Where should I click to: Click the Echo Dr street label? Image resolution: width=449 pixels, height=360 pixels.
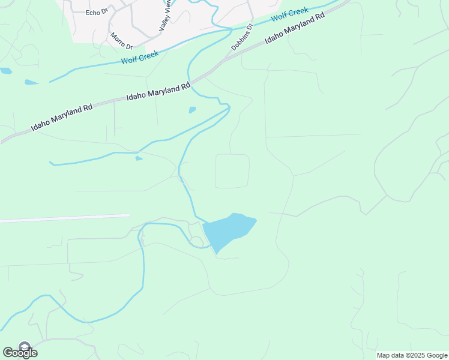96,12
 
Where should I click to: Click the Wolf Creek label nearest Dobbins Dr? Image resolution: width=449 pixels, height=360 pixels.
289,14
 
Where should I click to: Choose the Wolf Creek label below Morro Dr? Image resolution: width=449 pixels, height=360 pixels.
140,58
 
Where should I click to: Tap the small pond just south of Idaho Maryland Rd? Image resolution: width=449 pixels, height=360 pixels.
192,110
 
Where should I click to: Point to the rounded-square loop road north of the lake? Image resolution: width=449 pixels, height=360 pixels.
232,171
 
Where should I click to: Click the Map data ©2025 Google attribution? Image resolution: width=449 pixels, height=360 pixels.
412,355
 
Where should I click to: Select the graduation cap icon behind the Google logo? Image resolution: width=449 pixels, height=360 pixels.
25,346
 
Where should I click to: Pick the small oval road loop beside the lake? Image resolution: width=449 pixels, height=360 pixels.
197,241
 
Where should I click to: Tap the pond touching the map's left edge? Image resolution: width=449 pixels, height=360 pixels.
5,71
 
